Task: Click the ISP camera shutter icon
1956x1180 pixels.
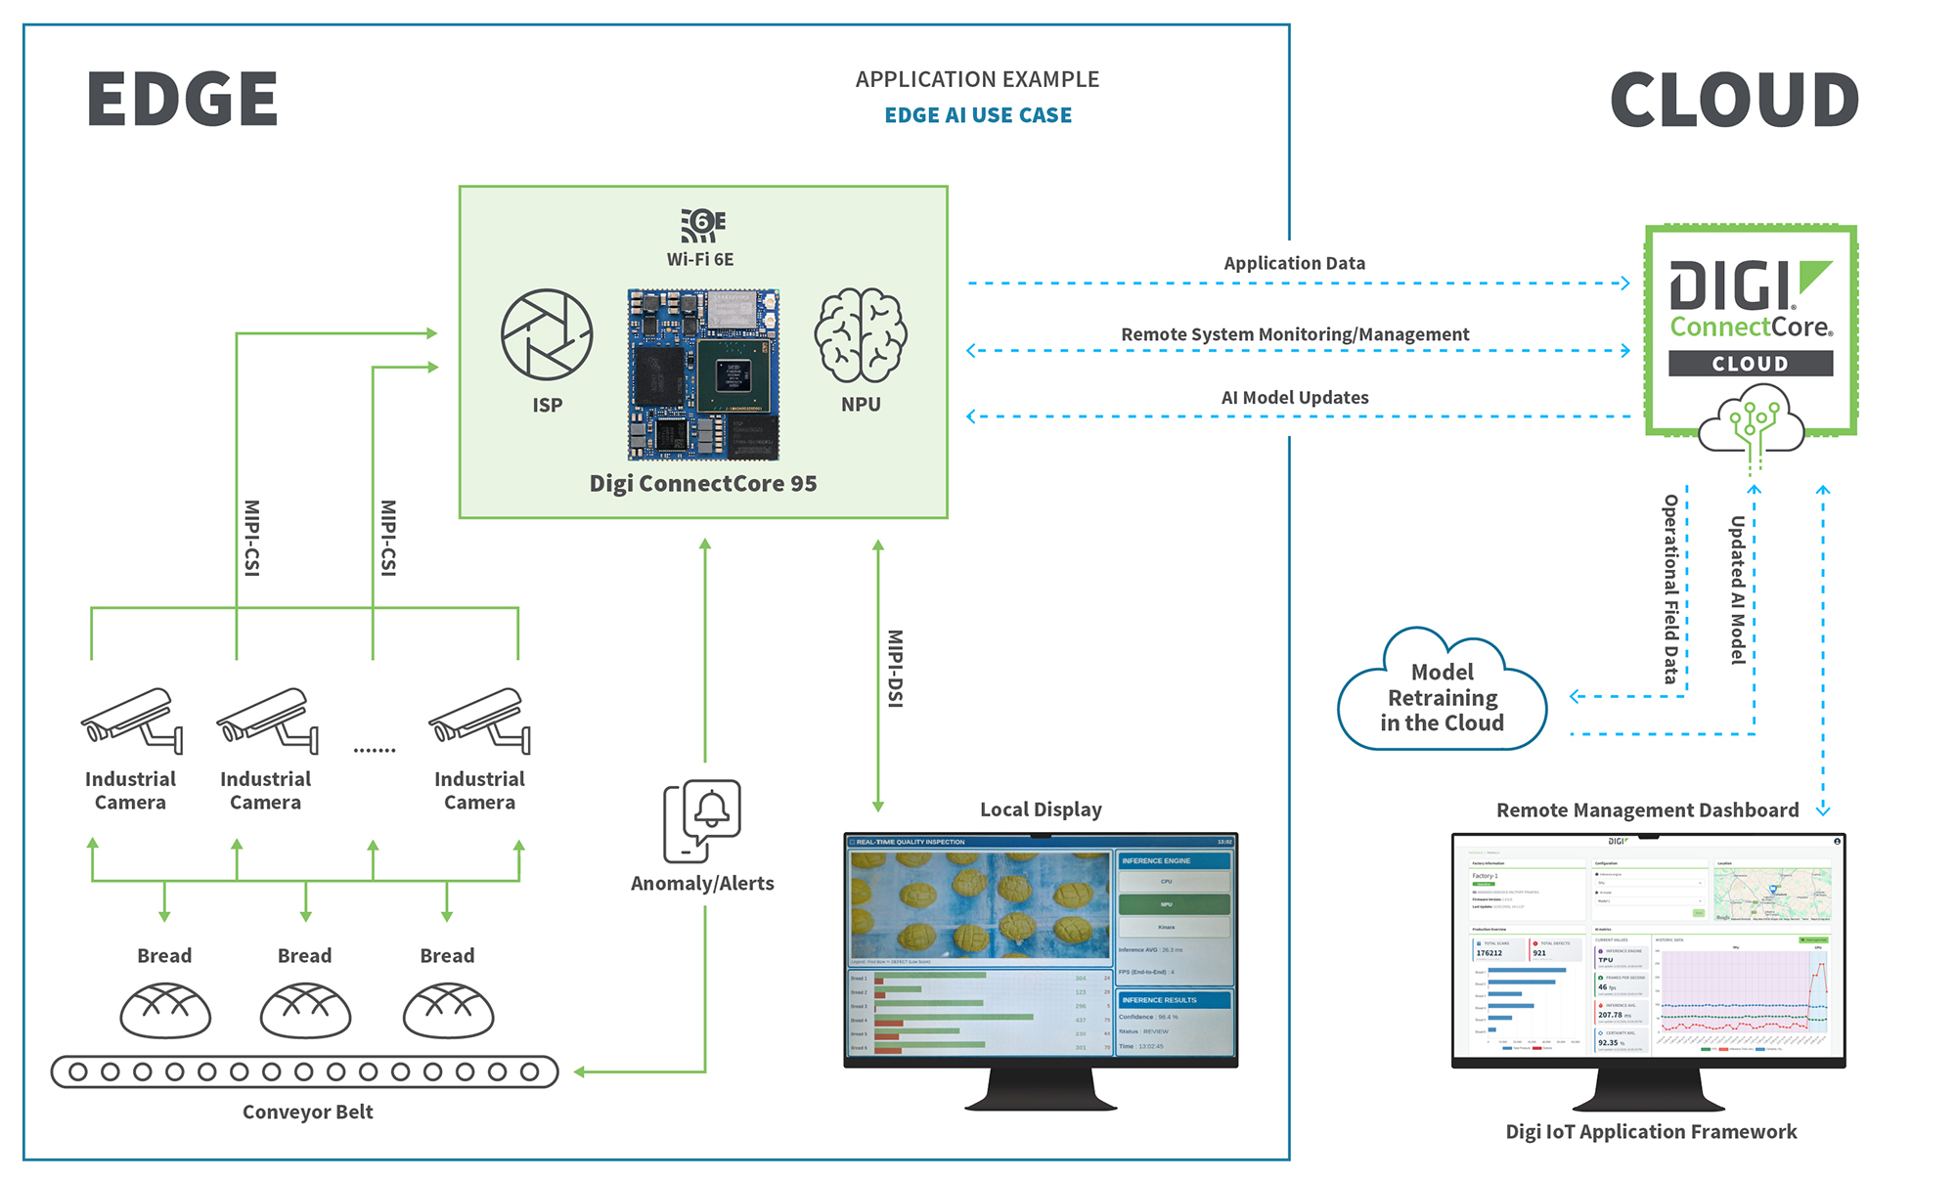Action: tap(547, 334)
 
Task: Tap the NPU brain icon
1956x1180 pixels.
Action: tap(861, 335)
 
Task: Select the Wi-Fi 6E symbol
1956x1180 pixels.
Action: tap(702, 225)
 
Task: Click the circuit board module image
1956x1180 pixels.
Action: tap(703, 373)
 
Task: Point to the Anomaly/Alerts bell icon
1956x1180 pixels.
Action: tap(702, 820)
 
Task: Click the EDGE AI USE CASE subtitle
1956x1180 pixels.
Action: tap(978, 115)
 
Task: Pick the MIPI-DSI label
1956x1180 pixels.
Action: tap(895, 668)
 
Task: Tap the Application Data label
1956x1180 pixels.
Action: tap(1294, 263)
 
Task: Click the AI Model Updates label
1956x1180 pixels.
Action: tap(1294, 398)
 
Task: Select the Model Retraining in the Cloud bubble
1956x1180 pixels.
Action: tap(1443, 697)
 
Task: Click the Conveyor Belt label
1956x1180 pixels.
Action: tap(308, 1112)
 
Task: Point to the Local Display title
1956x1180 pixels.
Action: tap(1041, 809)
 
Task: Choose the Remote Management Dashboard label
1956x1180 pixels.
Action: tap(1647, 810)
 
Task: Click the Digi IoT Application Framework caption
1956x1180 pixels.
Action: tap(1651, 1132)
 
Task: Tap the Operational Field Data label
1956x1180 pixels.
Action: tap(1671, 589)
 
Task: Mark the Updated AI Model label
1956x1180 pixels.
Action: tap(1738, 590)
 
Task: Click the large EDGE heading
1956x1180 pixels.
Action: tap(182, 99)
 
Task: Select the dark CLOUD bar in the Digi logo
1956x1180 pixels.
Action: tap(1750, 364)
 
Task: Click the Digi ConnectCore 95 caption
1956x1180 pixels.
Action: tap(703, 484)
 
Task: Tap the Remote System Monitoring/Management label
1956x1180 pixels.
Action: tap(1294, 334)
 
